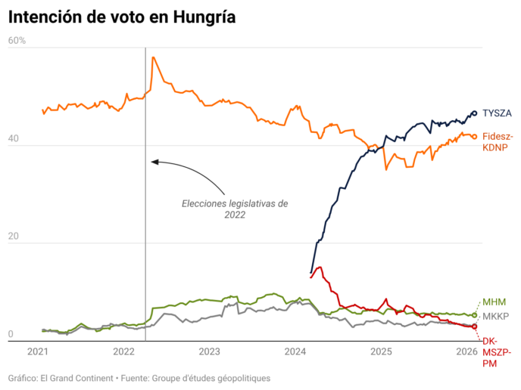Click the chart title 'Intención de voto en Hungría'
pyautogui.click(x=122, y=17)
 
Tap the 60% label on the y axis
pyautogui.click(x=17, y=40)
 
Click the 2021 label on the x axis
pyautogui.click(x=38, y=351)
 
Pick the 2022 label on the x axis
pyautogui.click(x=123, y=351)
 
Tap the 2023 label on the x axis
pyautogui.click(x=209, y=351)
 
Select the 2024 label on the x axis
pyautogui.click(x=295, y=351)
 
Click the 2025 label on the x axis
pyautogui.click(x=380, y=351)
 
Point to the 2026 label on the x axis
pyautogui.click(x=466, y=351)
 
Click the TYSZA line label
pyautogui.click(x=497, y=113)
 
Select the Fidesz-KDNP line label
pyautogui.click(x=498, y=142)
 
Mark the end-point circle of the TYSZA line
pyautogui.click(x=474, y=113)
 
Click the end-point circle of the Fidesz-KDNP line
pyautogui.click(x=474, y=137)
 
